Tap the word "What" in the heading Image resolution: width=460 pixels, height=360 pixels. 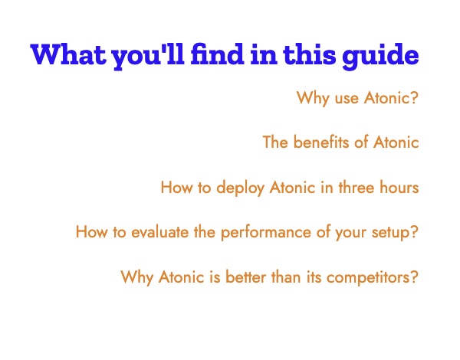[68, 54]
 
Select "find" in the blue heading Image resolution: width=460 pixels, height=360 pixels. [218, 54]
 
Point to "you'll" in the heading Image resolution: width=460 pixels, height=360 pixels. [148, 57]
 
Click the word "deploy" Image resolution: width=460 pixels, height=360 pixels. [240, 188]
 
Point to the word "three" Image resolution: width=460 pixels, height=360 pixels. [356, 187]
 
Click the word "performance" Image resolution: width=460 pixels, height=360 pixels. [265, 233]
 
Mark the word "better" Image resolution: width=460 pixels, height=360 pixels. [245, 277]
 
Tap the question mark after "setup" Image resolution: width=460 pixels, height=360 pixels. [414, 232]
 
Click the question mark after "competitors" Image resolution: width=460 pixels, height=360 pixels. [414, 277]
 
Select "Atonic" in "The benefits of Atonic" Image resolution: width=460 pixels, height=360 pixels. [396, 142]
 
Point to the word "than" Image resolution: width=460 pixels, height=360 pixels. [286, 277]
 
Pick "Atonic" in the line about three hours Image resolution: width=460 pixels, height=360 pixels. [292, 187]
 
